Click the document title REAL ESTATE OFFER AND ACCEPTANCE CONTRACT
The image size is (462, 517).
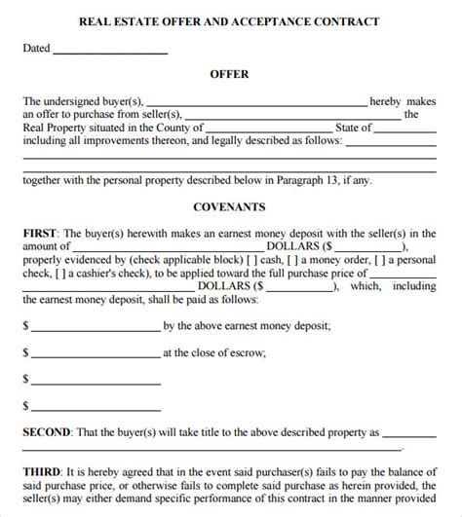click(x=230, y=21)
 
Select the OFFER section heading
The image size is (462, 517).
click(x=230, y=73)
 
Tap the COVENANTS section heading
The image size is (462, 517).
click(x=230, y=207)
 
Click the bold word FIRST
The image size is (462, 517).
click(x=40, y=234)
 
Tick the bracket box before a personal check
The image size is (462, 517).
click(x=394, y=261)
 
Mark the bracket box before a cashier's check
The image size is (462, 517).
click(x=53, y=274)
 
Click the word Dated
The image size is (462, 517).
click(x=35, y=47)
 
